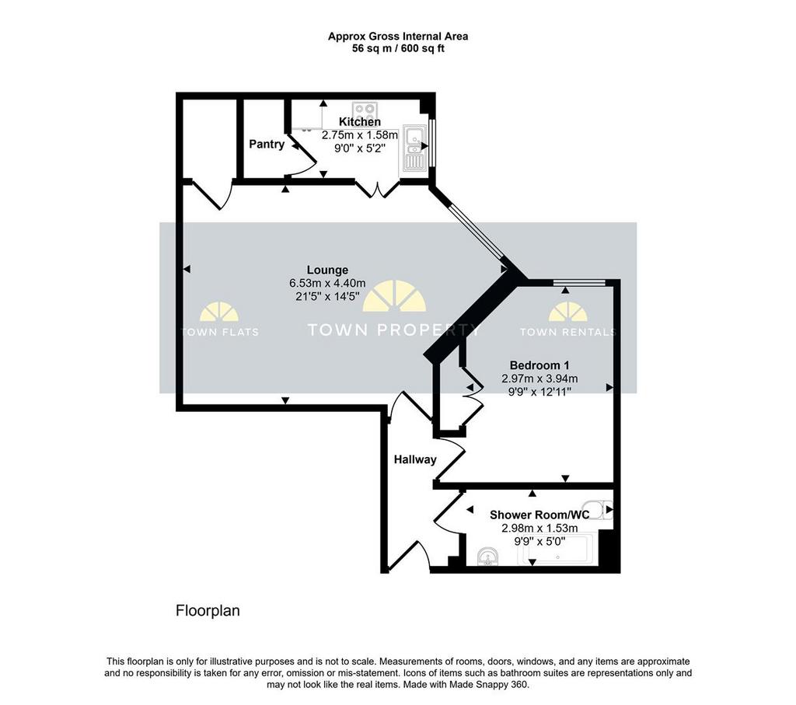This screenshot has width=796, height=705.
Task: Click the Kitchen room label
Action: [359, 122]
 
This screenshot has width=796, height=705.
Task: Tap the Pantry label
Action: [267, 144]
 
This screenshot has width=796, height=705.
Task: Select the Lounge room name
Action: [327, 270]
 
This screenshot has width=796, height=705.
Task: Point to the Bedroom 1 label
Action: [539, 365]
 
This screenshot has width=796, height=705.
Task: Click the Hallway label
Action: [415, 460]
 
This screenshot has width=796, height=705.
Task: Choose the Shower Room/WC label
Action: [539, 515]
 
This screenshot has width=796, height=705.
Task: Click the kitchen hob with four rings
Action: [365, 109]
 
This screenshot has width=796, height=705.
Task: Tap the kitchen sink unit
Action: [415, 147]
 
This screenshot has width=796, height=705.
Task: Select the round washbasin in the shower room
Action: [489, 557]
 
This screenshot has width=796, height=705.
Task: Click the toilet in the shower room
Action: [605, 510]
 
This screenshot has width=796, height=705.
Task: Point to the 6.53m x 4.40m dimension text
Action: [327, 283]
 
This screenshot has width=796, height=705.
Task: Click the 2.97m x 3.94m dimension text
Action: [539, 379]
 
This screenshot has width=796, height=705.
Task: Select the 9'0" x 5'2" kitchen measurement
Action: [359, 148]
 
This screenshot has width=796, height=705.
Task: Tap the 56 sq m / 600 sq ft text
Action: [398, 49]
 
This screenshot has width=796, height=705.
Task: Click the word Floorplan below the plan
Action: [208, 611]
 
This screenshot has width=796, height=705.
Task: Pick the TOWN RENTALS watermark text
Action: [567, 333]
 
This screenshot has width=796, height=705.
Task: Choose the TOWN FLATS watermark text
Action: [220, 333]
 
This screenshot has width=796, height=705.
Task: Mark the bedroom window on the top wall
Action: [579, 283]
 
